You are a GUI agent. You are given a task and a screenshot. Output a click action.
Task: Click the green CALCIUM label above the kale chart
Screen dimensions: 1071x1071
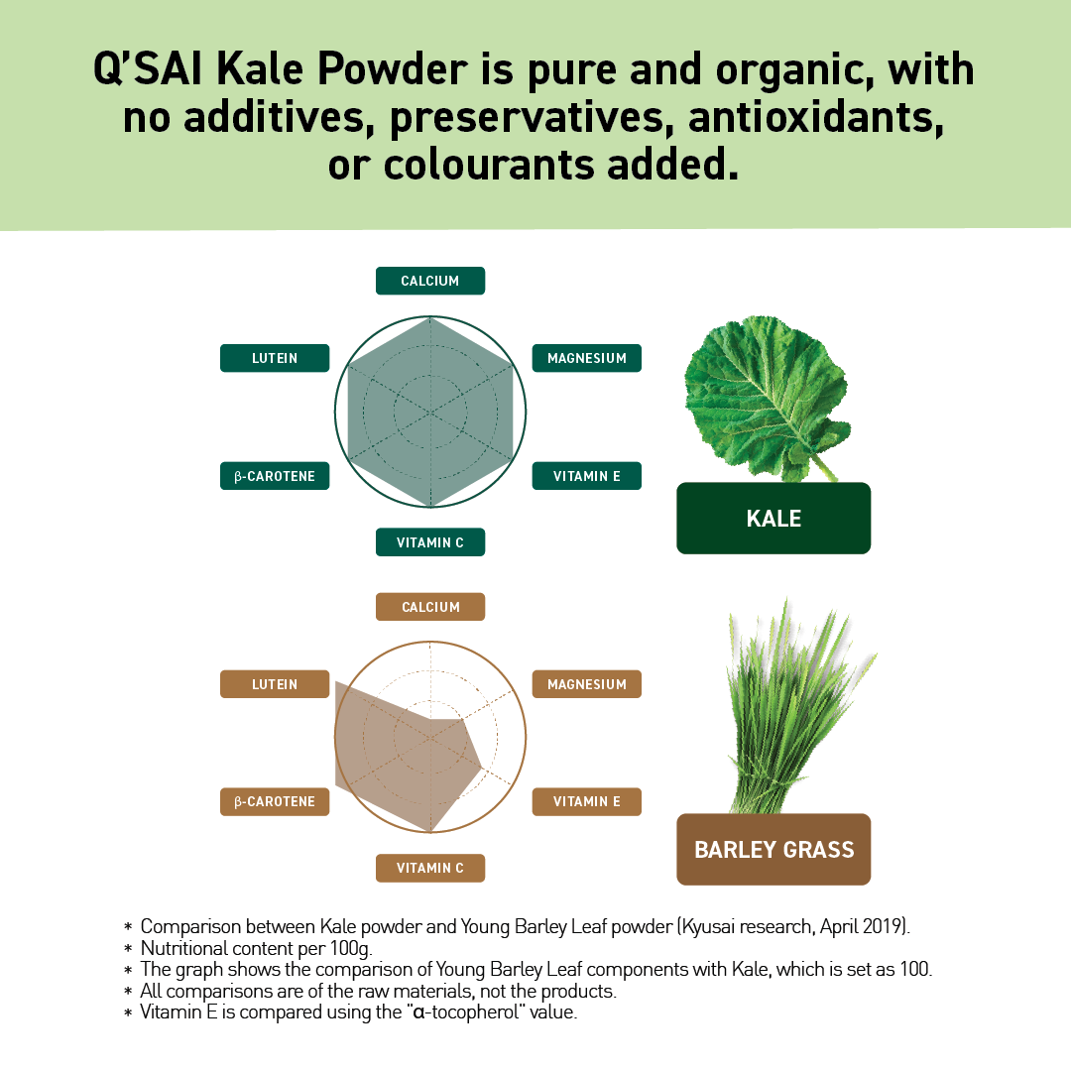coord(430,281)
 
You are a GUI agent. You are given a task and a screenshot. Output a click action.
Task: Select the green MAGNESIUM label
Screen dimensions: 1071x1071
coord(587,358)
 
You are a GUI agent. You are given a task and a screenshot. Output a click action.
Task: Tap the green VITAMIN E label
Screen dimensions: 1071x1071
coord(587,476)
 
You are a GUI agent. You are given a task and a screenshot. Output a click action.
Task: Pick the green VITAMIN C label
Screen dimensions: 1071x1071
coord(430,542)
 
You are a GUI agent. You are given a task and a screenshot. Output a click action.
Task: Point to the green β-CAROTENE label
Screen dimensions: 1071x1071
coord(275,476)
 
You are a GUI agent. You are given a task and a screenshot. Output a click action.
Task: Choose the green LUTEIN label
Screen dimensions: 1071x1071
coord(275,358)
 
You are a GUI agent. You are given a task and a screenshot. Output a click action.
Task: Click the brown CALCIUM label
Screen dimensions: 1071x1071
coord(430,607)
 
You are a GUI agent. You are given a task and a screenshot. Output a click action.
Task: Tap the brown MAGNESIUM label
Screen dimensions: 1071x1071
coord(587,684)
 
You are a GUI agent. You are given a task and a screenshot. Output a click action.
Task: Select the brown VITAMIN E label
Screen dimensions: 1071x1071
coord(587,801)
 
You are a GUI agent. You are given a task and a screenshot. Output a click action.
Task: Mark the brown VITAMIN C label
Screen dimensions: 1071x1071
coord(430,868)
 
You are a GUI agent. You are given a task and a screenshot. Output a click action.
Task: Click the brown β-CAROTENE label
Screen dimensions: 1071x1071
coord(275,801)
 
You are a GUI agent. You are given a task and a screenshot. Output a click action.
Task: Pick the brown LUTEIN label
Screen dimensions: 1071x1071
coord(275,684)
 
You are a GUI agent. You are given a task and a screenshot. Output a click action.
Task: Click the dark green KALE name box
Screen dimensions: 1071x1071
coord(773,518)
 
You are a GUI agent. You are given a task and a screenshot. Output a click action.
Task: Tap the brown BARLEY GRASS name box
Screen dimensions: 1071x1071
coord(773,850)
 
